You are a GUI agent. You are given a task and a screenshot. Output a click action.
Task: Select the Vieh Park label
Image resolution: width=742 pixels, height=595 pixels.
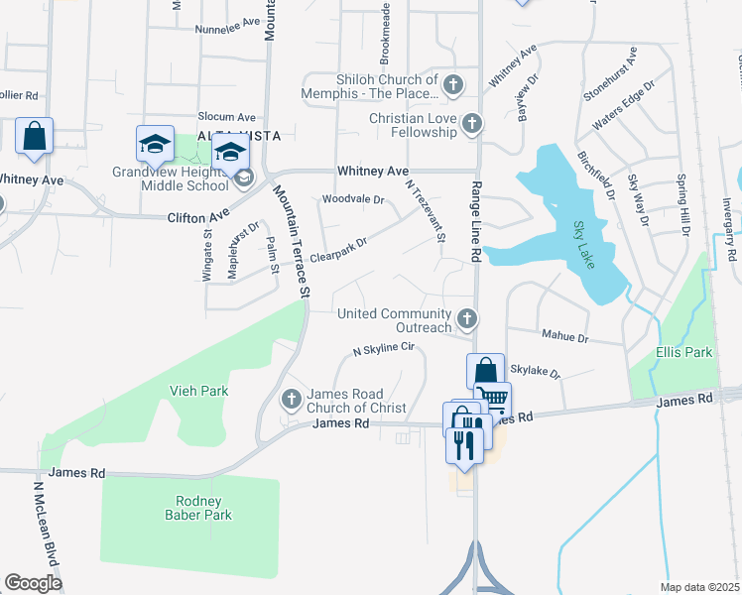pyautogui.click(x=199, y=391)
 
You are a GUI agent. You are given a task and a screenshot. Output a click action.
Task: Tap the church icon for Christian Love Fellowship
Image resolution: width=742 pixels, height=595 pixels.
pyautogui.click(x=473, y=125)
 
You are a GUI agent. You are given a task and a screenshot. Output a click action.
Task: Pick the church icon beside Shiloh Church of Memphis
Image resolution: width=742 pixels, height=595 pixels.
pyautogui.click(x=453, y=85)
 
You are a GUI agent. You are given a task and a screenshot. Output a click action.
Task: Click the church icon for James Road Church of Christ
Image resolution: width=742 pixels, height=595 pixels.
pyautogui.click(x=292, y=400)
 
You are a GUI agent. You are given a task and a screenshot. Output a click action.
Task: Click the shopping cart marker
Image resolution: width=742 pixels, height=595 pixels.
pyautogui.click(x=493, y=398)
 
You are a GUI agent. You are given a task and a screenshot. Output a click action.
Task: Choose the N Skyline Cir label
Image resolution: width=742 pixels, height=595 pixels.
pyautogui.click(x=383, y=350)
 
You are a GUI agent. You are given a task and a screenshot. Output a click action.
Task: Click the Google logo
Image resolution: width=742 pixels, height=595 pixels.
pyautogui.click(x=33, y=583)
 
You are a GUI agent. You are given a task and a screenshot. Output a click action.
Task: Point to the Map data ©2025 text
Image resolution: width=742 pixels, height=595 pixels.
pyautogui.click(x=699, y=587)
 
